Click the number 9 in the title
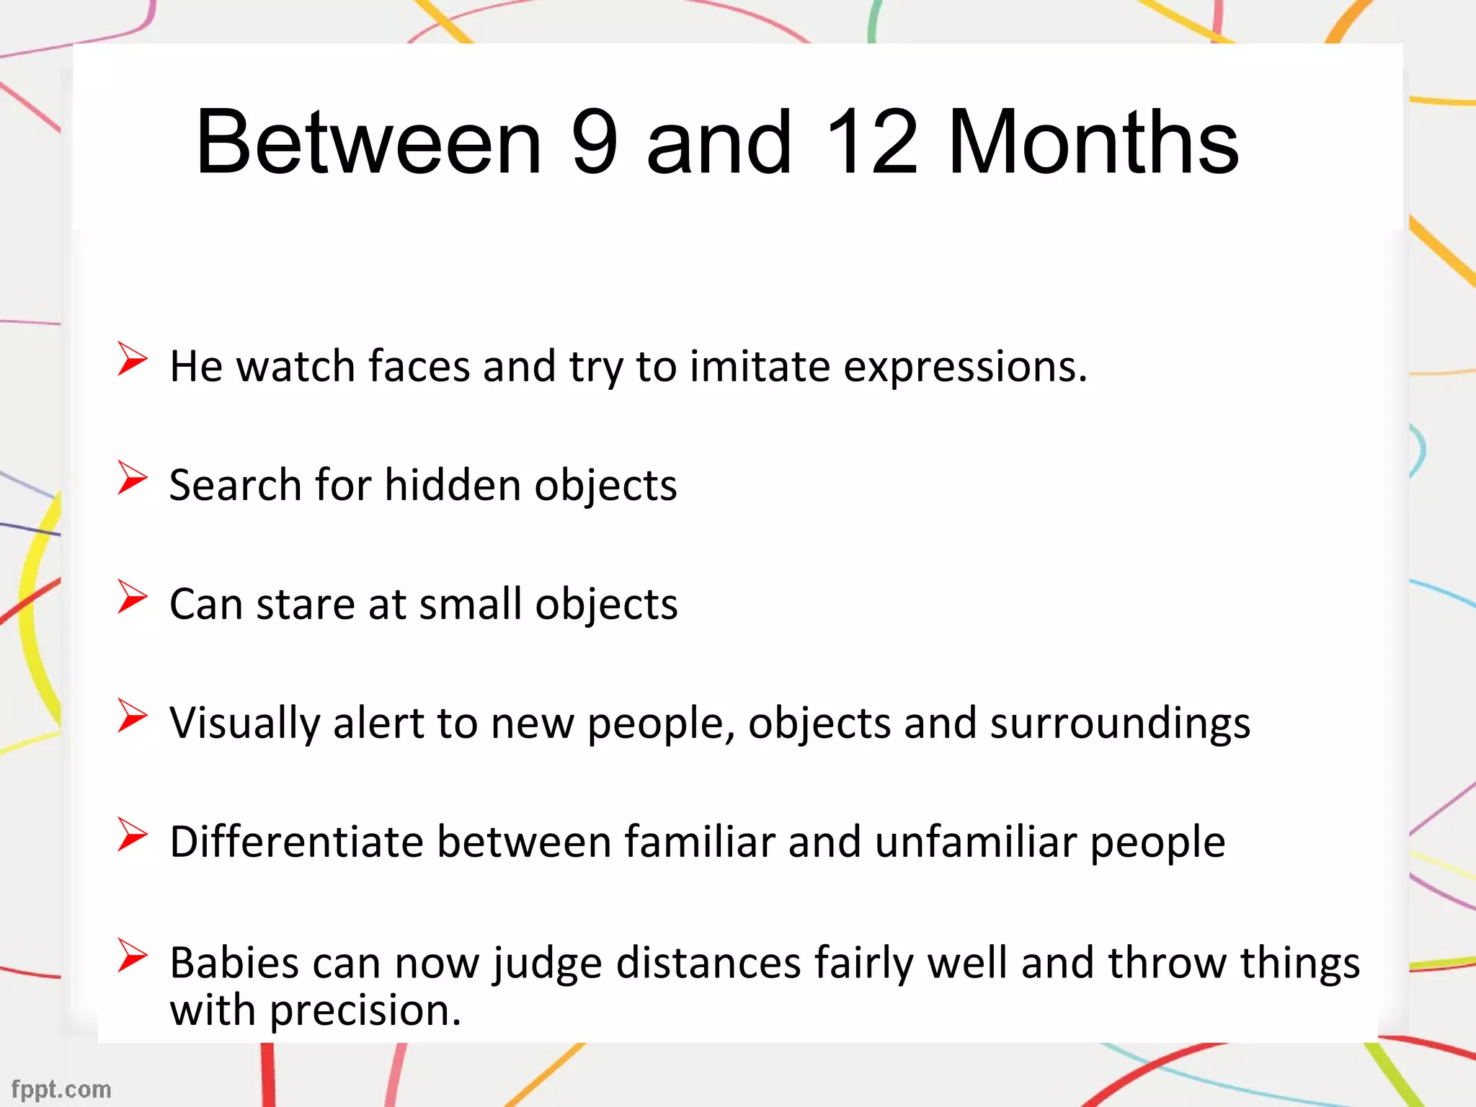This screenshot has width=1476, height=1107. click(x=594, y=142)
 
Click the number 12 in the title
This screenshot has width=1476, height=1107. click(x=871, y=142)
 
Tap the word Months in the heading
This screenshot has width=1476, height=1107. click(x=1093, y=142)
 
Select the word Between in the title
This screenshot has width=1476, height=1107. click(x=368, y=142)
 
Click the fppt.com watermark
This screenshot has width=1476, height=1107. click(x=61, y=1089)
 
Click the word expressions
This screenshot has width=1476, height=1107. click(x=965, y=368)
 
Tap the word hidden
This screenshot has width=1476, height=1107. click(x=453, y=484)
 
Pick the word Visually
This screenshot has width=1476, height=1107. click(x=244, y=724)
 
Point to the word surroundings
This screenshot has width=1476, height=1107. click(x=1120, y=724)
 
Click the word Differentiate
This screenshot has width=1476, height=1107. click(x=296, y=842)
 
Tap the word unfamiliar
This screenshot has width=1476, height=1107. click(x=976, y=842)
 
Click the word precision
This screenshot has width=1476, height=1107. click(x=365, y=1011)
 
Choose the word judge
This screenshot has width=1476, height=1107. click(x=547, y=964)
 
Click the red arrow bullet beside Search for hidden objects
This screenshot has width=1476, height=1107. click(x=132, y=478)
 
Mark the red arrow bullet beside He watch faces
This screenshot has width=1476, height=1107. click(x=132, y=359)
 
